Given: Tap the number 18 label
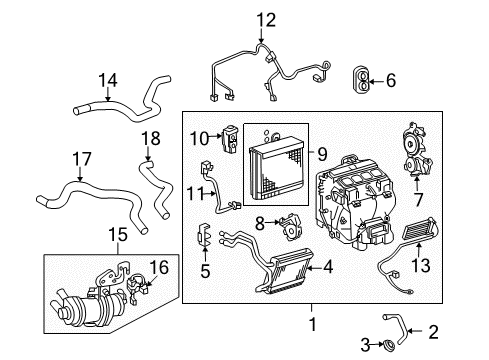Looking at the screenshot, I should pos(149,138).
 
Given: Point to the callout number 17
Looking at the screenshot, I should pos(77,158).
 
